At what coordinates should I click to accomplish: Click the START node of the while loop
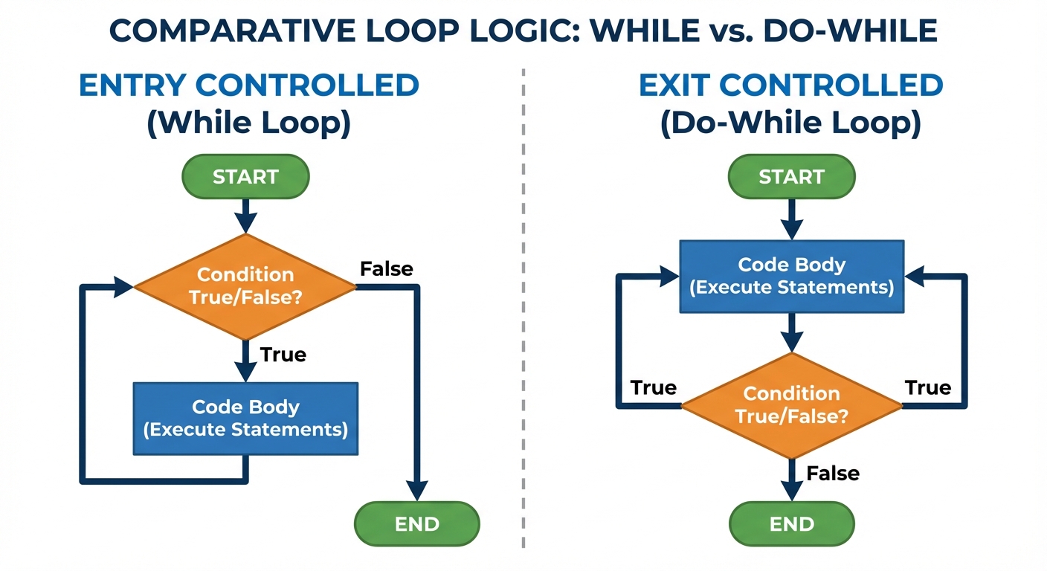(x=245, y=177)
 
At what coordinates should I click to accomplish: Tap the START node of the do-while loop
(x=791, y=177)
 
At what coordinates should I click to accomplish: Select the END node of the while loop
(x=417, y=524)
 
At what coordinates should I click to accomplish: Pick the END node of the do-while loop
(x=792, y=524)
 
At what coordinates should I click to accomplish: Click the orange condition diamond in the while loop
(x=245, y=286)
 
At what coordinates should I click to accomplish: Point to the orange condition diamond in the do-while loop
(x=791, y=405)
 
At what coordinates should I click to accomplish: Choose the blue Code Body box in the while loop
(x=245, y=419)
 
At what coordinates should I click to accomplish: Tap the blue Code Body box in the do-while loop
(x=791, y=276)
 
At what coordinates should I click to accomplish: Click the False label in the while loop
(x=386, y=268)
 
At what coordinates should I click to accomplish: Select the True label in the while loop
(x=283, y=355)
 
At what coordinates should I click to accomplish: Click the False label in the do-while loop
(x=833, y=473)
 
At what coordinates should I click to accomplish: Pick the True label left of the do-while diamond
(x=654, y=388)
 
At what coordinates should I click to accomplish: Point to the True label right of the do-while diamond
(x=928, y=387)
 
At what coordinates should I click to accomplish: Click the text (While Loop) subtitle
(x=248, y=123)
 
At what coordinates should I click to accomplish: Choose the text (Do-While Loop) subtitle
(x=791, y=123)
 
